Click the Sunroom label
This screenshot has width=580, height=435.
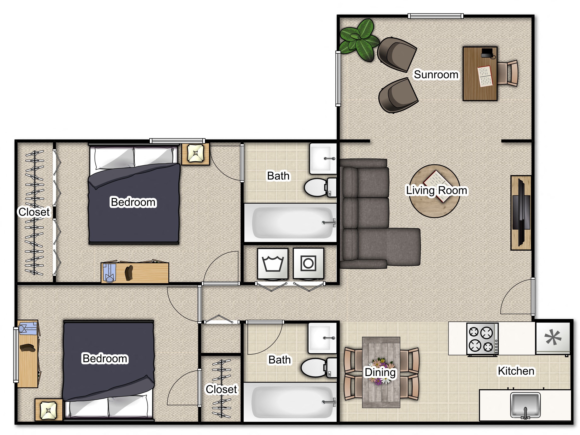[x=436, y=75]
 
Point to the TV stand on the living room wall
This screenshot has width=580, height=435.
[x=521, y=213]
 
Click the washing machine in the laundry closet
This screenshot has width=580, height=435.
[x=273, y=263]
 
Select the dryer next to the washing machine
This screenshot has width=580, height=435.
[x=308, y=263]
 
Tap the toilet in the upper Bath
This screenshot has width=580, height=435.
[x=318, y=187]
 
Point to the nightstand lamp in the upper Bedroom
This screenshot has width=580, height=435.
[x=196, y=154]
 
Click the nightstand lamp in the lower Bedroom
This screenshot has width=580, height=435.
[x=48, y=410]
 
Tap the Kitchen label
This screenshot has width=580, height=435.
[x=516, y=371]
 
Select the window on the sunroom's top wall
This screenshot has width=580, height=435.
[x=436, y=16]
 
